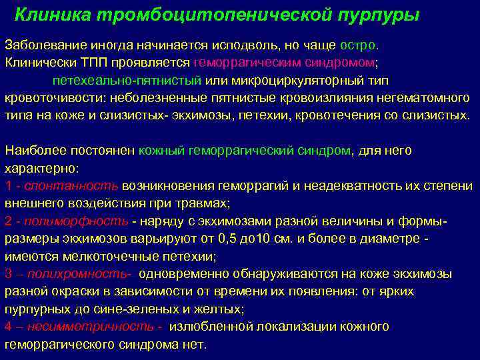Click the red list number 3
[x=8, y=273]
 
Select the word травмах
[x=205, y=203]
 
